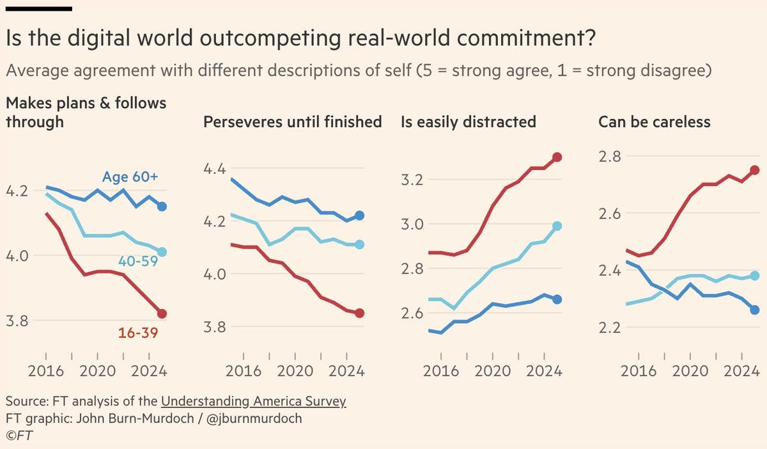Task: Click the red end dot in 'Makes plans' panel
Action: click(x=162, y=313)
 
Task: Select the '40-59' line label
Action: click(x=138, y=261)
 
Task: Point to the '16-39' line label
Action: click(x=138, y=333)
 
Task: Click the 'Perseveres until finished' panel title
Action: click(x=292, y=122)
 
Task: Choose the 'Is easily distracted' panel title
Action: click(x=468, y=122)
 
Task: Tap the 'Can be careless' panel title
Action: click(x=654, y=122)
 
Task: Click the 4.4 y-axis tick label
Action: click(x=215, y=169)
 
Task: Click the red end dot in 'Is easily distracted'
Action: click(x=557, y=157)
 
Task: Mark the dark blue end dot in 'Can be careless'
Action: click(x=755, y=310)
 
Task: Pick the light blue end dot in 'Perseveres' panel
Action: click(x=359, y=244)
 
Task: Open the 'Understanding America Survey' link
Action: click(x=253, y=402)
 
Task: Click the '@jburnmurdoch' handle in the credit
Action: click(x=254, y=418)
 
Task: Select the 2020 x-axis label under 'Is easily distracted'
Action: click(x=492, y=370)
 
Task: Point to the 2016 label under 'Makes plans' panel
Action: click(x=45, y=370)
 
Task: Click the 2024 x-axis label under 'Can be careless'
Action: click(x=742, y=370)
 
